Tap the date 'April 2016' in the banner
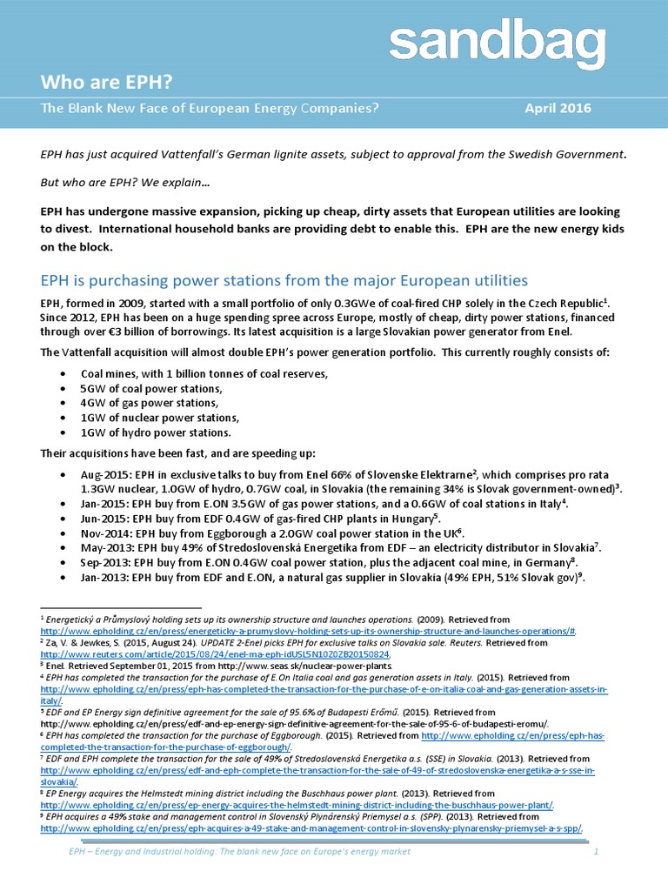[558, 109]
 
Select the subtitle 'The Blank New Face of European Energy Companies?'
[210, 109]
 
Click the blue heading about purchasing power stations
[284, 280]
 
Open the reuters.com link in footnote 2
[216, 653]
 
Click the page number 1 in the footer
[597, 852]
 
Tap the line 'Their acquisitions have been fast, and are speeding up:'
[178, 453]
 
